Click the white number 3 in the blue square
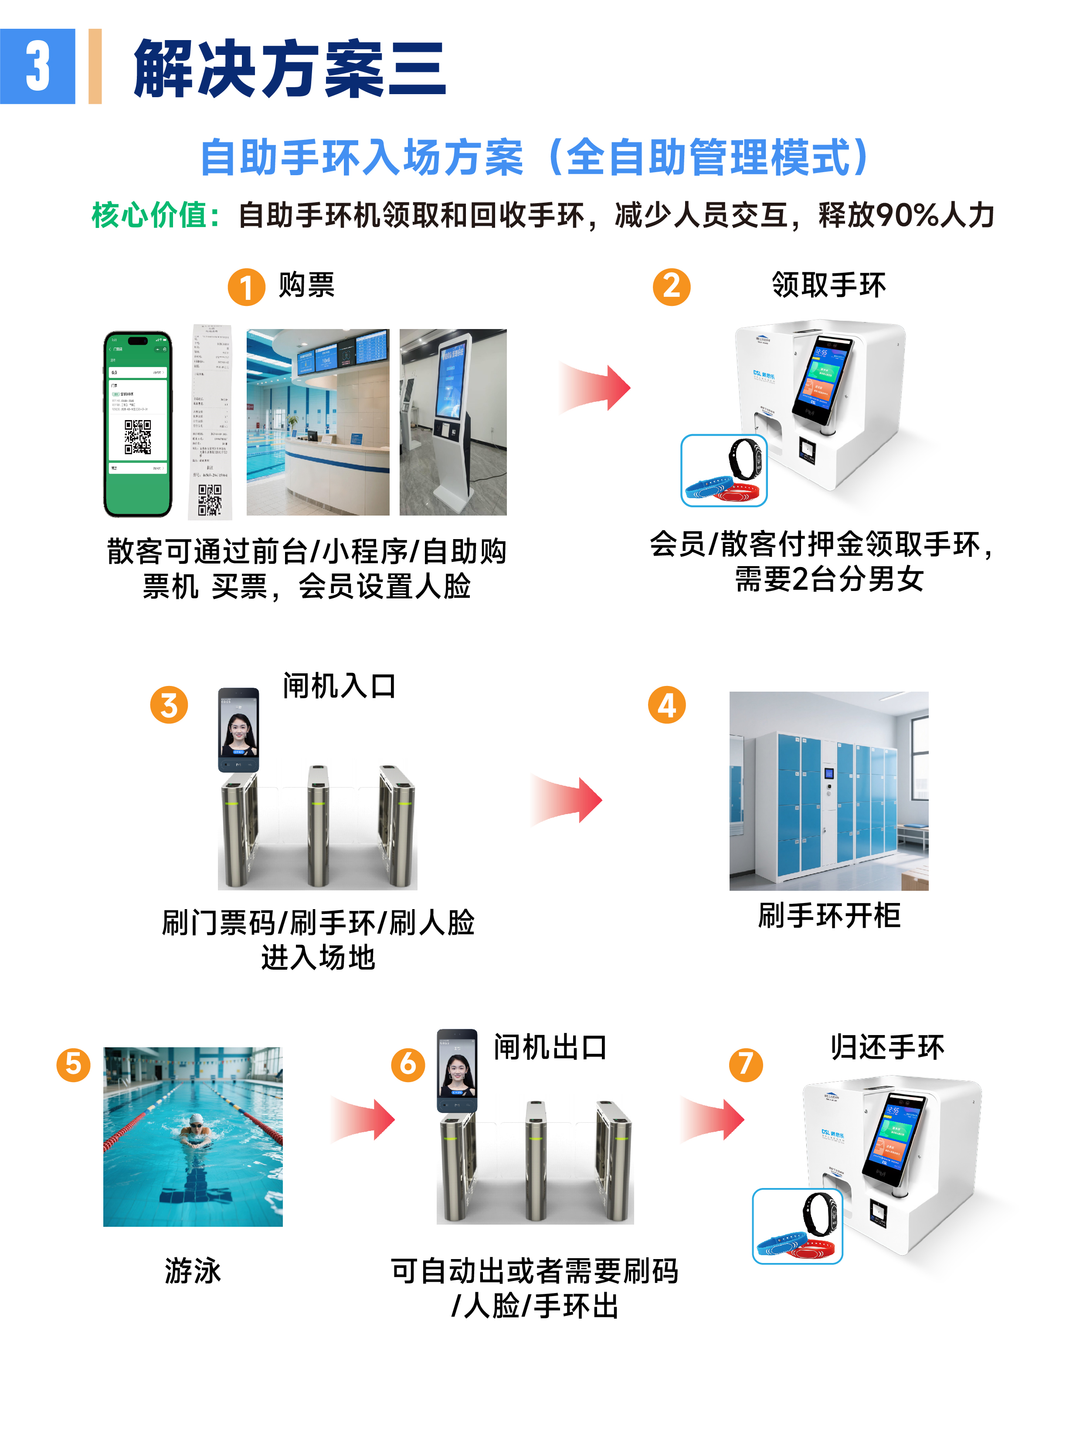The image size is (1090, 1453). pos(37,66)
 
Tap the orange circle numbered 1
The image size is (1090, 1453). pos(246,287)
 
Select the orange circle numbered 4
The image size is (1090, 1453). pos(666,706)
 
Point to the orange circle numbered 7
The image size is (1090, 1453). pos(746,1064)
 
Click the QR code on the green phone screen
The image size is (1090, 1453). pos(138,437)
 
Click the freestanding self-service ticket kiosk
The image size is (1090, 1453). pos(452,421)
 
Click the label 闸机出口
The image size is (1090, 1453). pos(550,1047)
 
